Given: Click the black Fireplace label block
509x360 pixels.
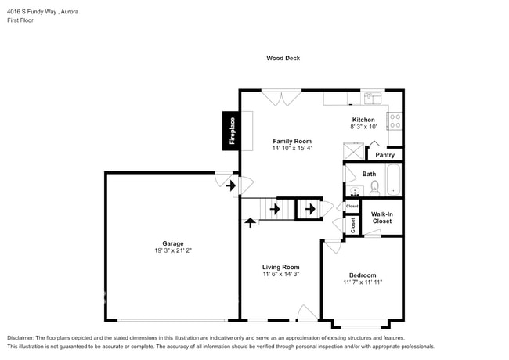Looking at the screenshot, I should click(231, 131).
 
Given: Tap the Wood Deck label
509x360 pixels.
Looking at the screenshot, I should click(283, 58).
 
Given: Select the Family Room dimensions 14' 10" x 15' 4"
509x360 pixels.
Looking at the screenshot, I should click(292, 148).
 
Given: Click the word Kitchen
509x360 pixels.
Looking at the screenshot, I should click(363, 120).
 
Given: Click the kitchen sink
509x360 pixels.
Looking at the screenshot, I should click(371, 98).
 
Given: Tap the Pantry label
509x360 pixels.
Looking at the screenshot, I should click(385, 155).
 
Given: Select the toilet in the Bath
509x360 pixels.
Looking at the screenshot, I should click(374, 187).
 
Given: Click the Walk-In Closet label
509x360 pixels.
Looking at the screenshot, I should click(381, 218).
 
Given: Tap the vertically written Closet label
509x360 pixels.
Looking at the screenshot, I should click(353, 225).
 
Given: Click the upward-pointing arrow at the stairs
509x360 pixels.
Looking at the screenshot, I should click(251, 222).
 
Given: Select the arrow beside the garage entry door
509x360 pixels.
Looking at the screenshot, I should click(230, 186).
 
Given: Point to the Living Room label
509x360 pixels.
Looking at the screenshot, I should click(280, 267).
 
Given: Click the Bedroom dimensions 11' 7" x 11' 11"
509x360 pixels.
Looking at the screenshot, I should click(363, 283).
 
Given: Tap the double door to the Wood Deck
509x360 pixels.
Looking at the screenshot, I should click(281, 97).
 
